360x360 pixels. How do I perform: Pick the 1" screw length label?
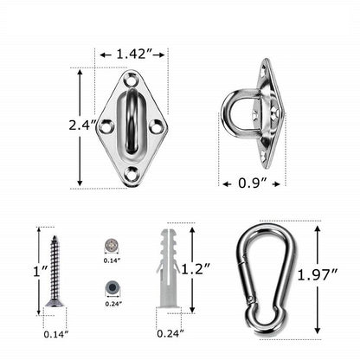40,271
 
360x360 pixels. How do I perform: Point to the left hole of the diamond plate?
106,127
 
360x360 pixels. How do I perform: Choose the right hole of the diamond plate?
156,127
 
